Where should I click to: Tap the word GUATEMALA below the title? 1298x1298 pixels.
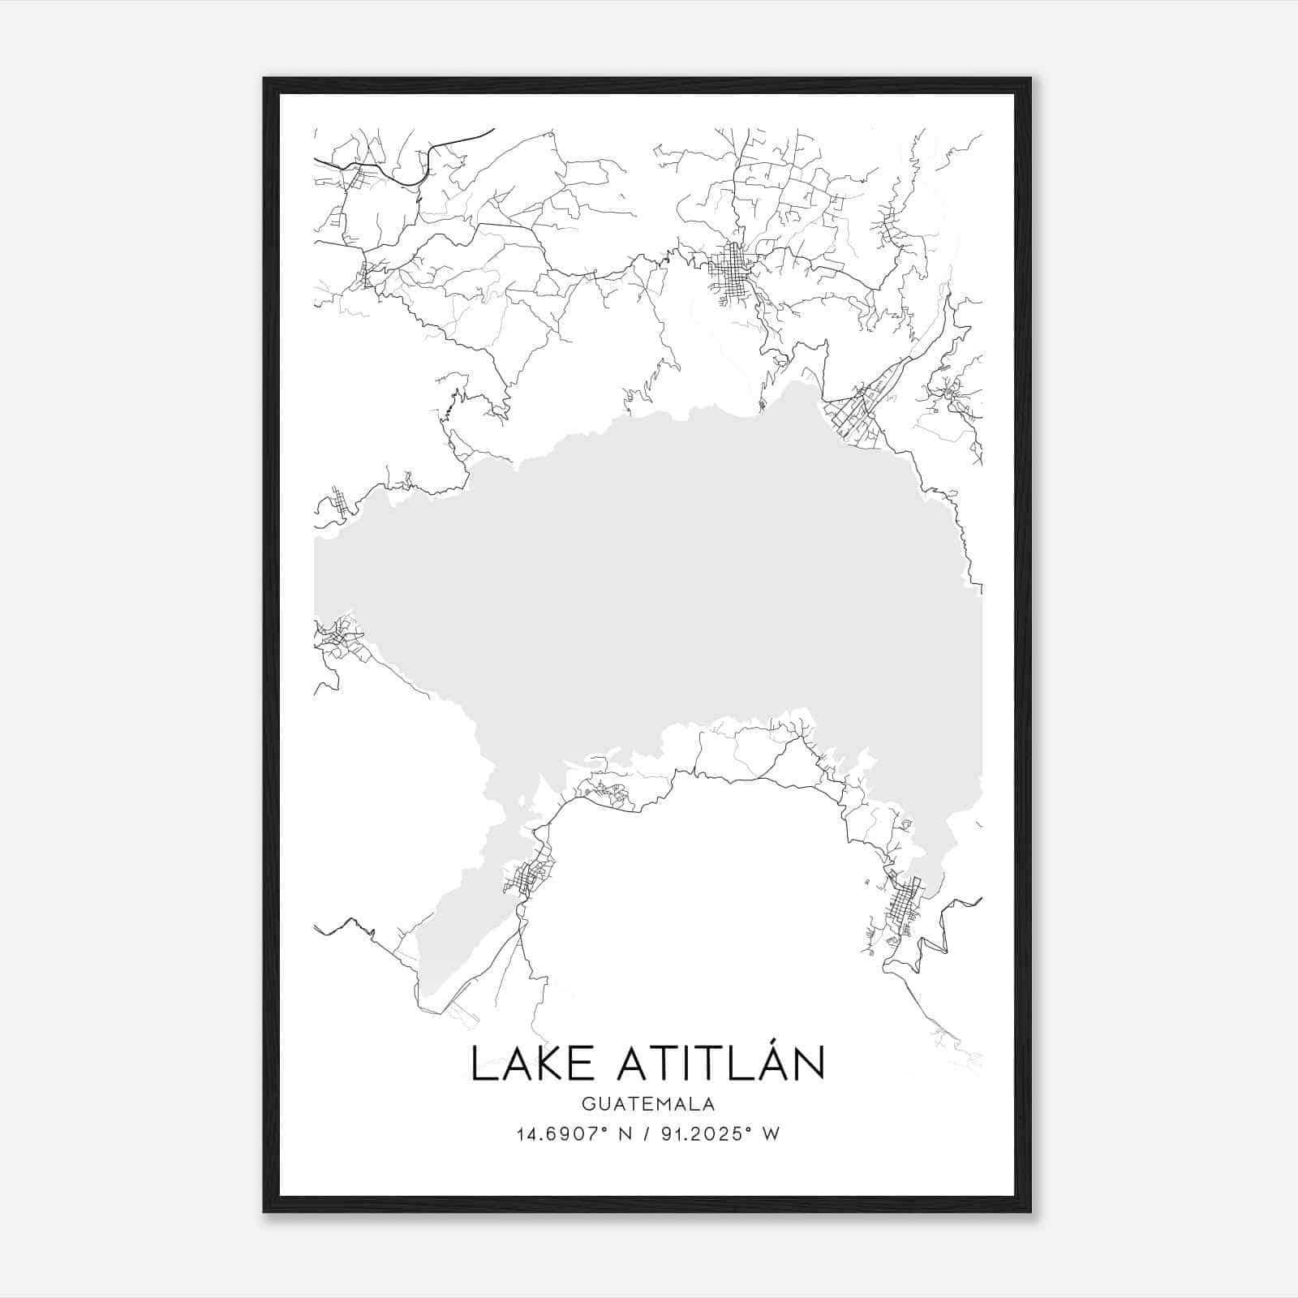click(x=647, y=1104)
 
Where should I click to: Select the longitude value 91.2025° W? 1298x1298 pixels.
click(x=720, y=1134)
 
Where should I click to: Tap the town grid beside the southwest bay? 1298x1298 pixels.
click(x=529, y=876)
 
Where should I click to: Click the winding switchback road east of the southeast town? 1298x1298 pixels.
click(x=941, y=933)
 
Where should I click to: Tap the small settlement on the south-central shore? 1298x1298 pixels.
click(x=604, y=791)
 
